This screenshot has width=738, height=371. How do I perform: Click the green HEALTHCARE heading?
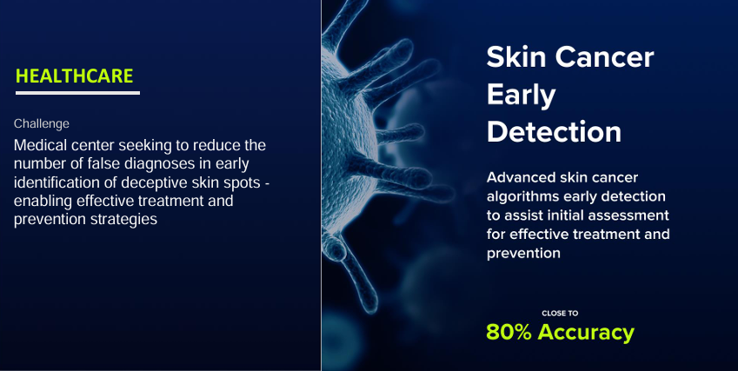point(75,76)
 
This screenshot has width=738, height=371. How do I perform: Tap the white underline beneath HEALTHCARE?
point(77,93)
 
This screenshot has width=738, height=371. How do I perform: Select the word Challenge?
point(42,123)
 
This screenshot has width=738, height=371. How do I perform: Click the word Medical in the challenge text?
point(41,145)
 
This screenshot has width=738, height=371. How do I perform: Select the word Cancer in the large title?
point(604,57)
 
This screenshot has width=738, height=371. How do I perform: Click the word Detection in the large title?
point(554,132)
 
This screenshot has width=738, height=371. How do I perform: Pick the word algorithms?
point(522,196)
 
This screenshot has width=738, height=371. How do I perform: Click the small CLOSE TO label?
point(560,313)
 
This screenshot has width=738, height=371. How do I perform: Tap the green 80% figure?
point(509,332)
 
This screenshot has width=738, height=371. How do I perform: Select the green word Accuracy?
point(586,333)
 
